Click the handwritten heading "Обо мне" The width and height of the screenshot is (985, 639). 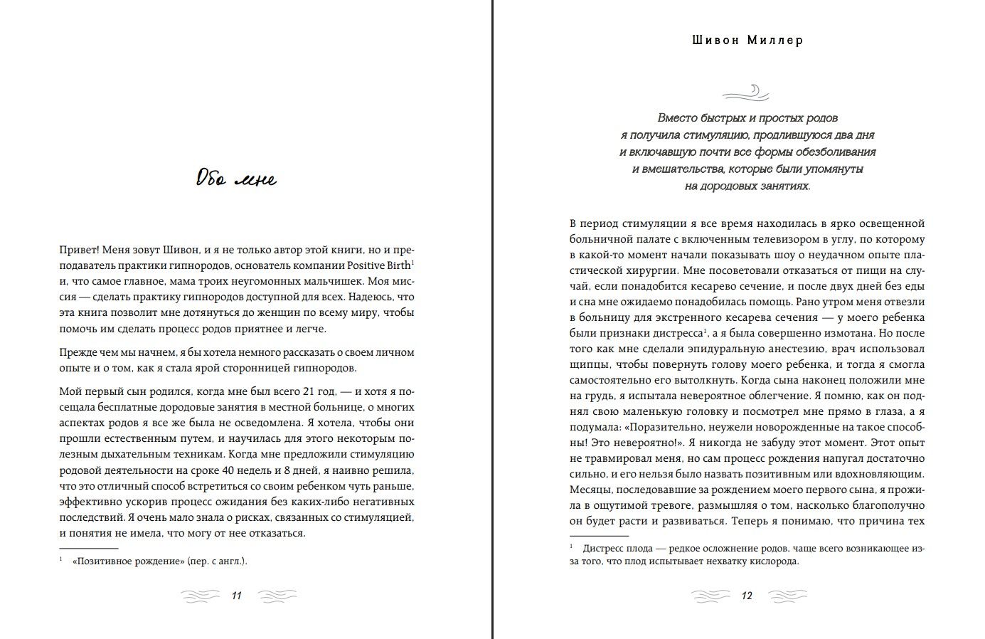pos(236,178)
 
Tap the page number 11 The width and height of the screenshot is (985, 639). pos(237,596)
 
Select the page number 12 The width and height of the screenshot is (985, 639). pos(747,596)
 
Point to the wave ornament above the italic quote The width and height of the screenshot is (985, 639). pos(747,92)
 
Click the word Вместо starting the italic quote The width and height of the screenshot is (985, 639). pos(678,118)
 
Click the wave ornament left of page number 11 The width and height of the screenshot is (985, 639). pos(201,596)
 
